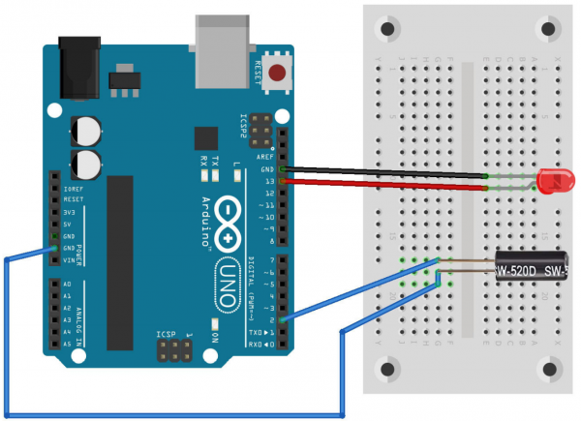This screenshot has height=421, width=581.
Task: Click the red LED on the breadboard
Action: [549, 180]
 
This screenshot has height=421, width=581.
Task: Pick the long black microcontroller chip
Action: [120, 261]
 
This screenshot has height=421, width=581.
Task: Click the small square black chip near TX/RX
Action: [206, 137]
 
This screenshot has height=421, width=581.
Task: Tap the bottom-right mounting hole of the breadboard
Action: [552, 369]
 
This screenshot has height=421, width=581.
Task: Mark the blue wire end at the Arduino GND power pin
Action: [51, 248]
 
